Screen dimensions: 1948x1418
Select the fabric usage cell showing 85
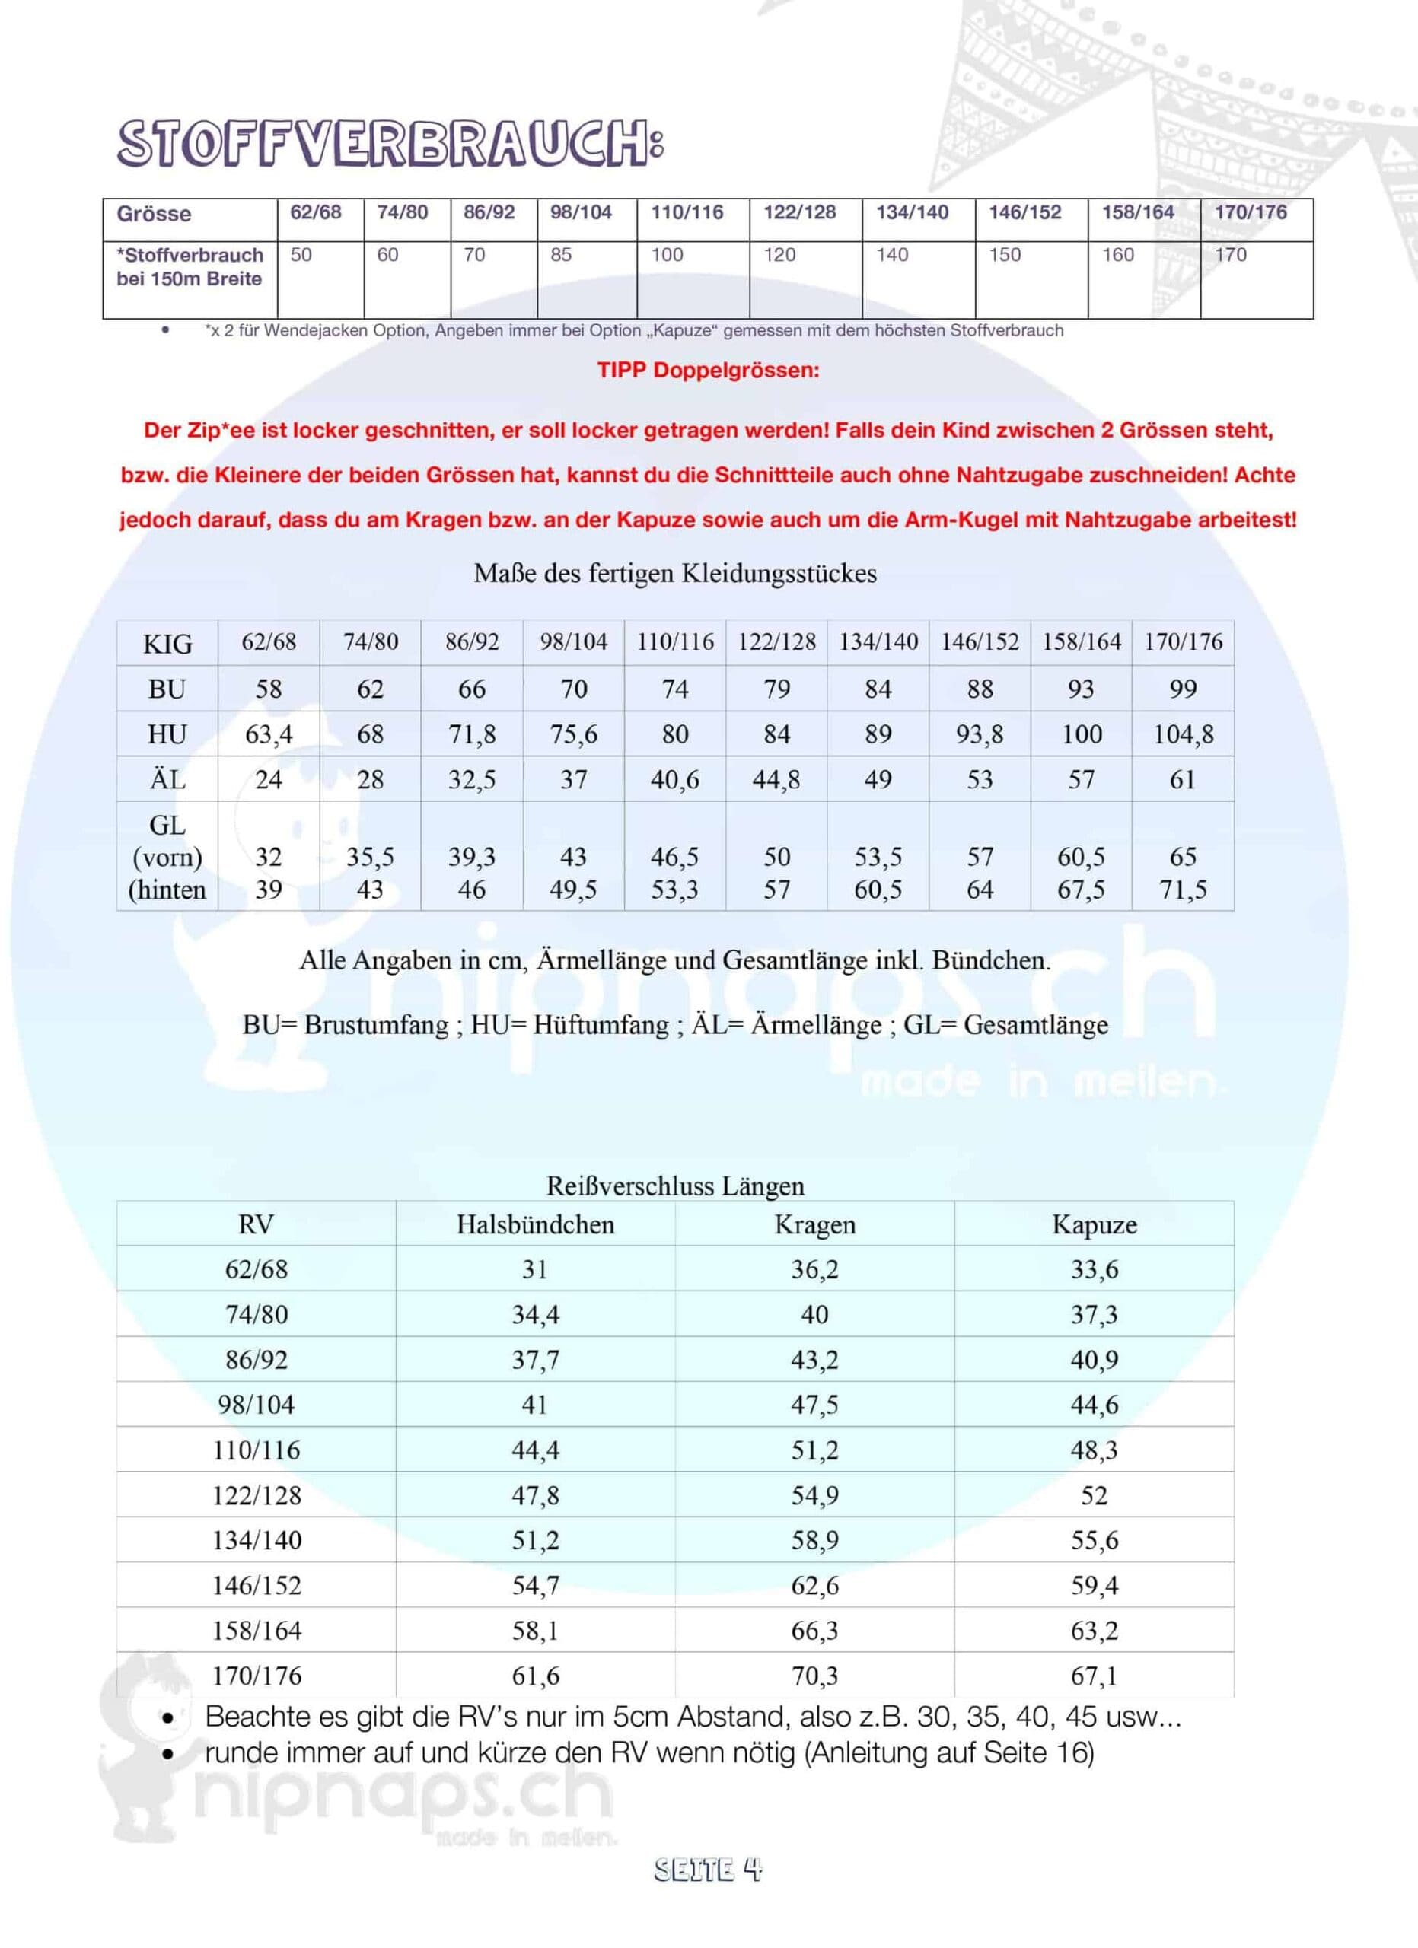[x=561, y=255]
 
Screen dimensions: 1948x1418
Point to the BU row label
[x=167, y=689]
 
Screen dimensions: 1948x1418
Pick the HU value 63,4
[x=269, y=734]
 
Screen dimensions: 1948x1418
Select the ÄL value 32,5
[x=471, y=780]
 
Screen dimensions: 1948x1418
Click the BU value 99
[x=1183, y=689]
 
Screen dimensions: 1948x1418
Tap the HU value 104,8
[x=1183, y=734]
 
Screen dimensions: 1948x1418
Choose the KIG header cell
[x=167, y=643]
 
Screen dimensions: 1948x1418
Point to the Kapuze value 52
[x=1093, y=1495]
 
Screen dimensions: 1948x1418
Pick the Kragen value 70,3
[x=814, y=1676]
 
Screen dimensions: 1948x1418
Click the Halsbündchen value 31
[x=535, y=1269]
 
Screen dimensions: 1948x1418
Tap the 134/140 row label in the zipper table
[x=257, y=1540]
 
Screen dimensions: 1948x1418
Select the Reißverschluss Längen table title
[x=675, y=1186]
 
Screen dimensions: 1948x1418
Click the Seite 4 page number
[x=708, y=1870]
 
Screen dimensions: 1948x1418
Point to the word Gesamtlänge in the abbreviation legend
[x=1036, y=1025]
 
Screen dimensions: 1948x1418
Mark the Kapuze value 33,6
[x=1093, y=1269]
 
